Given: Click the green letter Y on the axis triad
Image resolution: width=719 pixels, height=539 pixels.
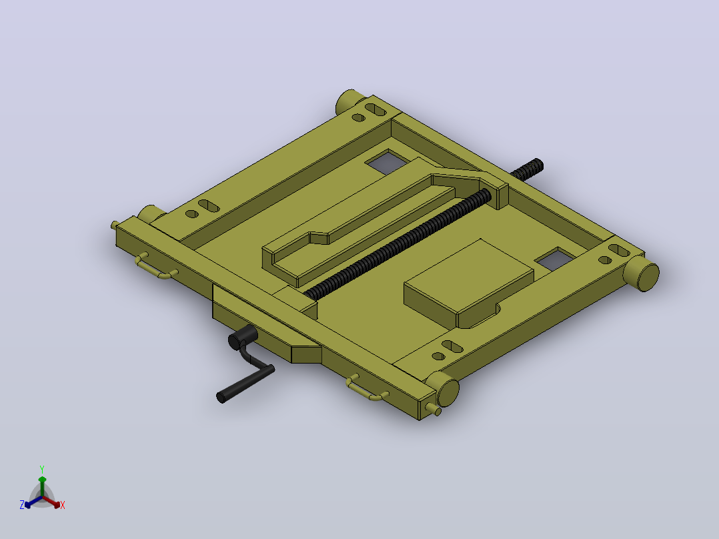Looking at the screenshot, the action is coord(42,469).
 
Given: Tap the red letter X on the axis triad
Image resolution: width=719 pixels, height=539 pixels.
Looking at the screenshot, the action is coord(63,505).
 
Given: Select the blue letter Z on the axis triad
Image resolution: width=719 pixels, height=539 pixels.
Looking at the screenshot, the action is coord(22,504).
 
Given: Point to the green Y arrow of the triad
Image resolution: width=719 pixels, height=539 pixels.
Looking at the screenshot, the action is coord(42,486).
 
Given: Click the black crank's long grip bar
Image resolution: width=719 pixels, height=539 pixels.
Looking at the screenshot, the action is coord(245,384).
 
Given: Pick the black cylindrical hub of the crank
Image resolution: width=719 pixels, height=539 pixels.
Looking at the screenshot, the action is coord(243,338).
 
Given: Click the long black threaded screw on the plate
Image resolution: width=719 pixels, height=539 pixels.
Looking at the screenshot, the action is coord(397,245).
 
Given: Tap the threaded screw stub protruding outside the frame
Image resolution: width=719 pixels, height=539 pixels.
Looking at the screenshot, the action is coord(528,169).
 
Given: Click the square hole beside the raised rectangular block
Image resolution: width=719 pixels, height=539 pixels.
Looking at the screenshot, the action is coord(554,259).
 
